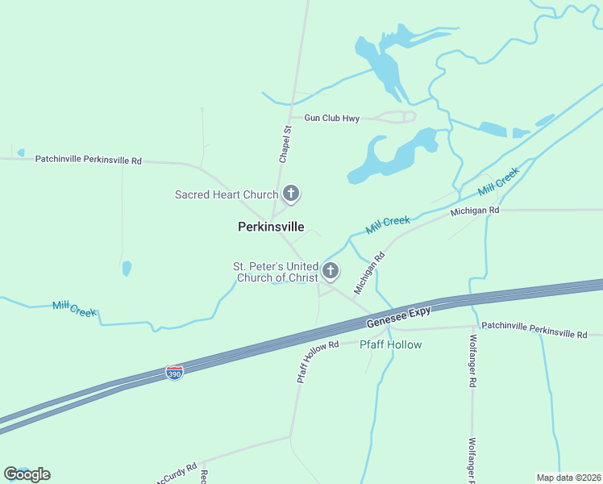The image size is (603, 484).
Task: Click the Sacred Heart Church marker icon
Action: point(292,194)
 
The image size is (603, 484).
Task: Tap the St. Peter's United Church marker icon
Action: point(330,271)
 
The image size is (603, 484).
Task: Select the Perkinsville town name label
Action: point(271,227)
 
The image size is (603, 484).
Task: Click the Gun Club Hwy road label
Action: point(331,119)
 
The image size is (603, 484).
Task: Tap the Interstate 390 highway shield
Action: point(174,372)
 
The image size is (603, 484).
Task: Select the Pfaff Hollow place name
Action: point(390,344)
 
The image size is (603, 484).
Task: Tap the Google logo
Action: point(27,474)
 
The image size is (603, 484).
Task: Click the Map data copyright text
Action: point(569,478)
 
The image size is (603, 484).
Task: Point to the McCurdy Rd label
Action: point(178,472)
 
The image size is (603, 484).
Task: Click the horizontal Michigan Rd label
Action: point(475,211)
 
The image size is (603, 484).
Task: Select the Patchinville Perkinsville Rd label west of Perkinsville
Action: point(88,161)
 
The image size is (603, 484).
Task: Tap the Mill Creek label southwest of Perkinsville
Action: point(74,307)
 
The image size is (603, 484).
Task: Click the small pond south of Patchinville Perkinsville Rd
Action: point(127,268)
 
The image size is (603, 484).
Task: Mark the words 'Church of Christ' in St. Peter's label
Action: point(275,278)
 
